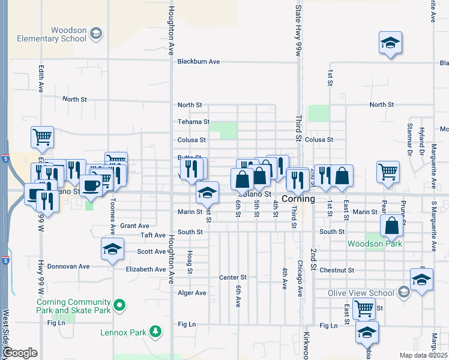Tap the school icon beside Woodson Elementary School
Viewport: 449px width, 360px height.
tap(96, 35)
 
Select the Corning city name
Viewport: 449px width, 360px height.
tap(298, 199)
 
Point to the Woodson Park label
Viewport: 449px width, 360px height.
tap(376, 244)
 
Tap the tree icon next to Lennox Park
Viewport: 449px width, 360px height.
tap(155, 331)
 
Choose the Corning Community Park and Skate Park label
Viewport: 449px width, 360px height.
tap(74, 306)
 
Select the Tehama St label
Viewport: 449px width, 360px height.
tap(193, 122)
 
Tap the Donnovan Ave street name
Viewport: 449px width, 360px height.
tap(68, 266)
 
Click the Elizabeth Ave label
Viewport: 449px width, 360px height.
tap(145, 269)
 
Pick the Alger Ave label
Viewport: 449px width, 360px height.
tap(192, 293)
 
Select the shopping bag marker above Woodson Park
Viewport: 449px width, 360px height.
tap(391, 227)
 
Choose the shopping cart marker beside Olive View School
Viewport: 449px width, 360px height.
tap(364, 308)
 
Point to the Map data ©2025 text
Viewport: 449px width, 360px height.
tap(423, 355)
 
